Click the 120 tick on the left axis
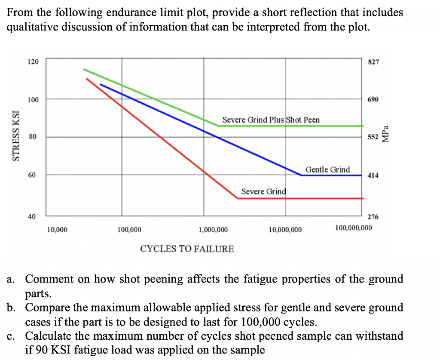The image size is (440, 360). pos(33,62)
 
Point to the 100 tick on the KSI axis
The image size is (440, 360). pos(33,99)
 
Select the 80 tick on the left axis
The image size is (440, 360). pos(33,137)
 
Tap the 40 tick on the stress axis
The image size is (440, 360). pos(33,216)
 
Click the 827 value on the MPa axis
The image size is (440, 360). pos(373,62)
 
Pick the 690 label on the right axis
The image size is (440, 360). pos(373,99)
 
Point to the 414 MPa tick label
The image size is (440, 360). pos(373,175)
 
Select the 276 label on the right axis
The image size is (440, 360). pos(373,217)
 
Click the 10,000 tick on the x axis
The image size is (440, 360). pos(57,230)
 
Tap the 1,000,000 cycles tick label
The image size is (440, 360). pos(213,230)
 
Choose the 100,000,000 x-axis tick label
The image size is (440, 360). pos(353,227)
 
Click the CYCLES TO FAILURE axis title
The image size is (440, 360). pos(187,249)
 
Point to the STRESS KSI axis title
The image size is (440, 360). pos(16,135)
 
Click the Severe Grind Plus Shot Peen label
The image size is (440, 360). pos(271,120)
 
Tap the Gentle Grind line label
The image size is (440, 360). pos(327,169)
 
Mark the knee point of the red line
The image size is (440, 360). pos(238,198)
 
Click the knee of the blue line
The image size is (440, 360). pos(301,175)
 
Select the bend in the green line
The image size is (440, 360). pos(219,126)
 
